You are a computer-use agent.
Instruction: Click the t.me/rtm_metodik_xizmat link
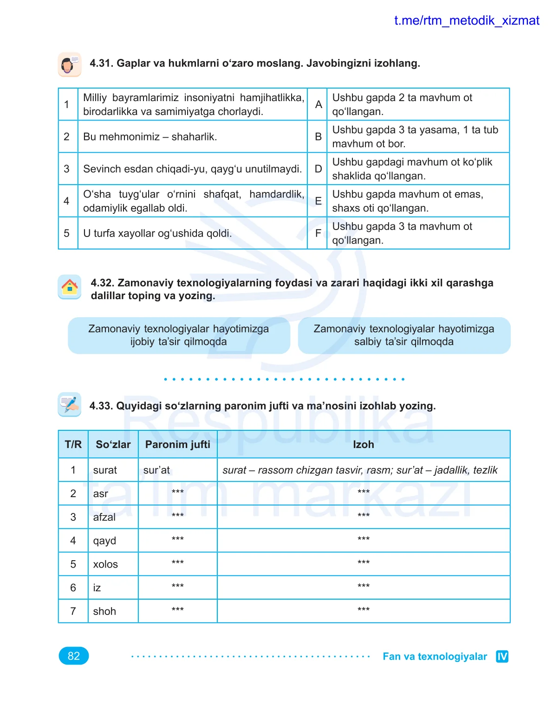pos(466,21)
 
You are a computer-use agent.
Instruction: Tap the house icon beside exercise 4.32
pos(70,287)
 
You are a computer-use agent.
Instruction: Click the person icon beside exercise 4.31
pos(70,64)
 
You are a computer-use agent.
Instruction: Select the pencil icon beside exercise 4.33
pos(70,404)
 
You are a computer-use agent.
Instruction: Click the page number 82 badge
pos(73,656)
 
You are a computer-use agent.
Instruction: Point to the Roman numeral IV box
pos(502,656)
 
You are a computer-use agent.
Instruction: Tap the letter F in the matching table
pos(318,233)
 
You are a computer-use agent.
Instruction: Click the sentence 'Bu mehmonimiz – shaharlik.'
pos(150,137)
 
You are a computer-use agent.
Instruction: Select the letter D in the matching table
pos(318,169)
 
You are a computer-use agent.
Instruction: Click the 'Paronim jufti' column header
pos(177,444)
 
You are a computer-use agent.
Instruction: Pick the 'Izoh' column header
pos(363,444)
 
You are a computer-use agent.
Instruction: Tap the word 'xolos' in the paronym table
pos(105,564)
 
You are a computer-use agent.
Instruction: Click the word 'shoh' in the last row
pos(104,611)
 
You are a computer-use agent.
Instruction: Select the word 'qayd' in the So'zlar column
pos(104,541)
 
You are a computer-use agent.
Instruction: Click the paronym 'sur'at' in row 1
pos(157,470)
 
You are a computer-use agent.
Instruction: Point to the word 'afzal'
pos(104,517)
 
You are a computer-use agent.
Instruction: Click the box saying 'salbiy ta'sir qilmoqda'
pos(403,335)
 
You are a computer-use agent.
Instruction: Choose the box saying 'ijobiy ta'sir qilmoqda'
pos(179,335)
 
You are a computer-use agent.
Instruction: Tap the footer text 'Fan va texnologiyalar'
pos(435,656)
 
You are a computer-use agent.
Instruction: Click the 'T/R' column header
pos(73,444)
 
